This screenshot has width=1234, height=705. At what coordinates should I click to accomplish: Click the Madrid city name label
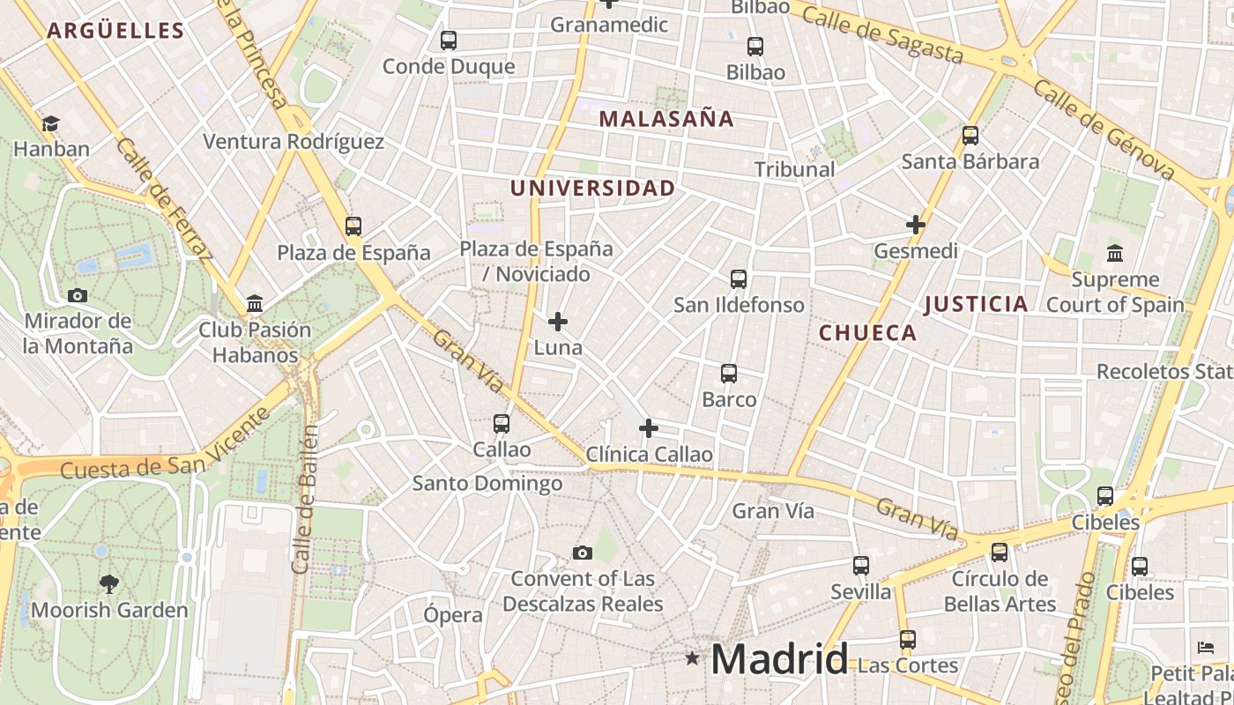[x=779, y=658]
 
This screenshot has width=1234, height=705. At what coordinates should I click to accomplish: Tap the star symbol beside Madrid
[x=693, y=657]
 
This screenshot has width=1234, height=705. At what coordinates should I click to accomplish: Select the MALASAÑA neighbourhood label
[x=666, y=119]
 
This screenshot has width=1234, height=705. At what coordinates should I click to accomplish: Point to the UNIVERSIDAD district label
[x=592, y=188]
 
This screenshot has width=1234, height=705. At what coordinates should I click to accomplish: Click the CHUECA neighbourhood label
[x=868, y=333]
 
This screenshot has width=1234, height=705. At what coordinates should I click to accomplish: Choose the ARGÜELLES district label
[x=115, y=31]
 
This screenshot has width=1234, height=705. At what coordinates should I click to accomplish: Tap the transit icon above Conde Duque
[x=449, y=41]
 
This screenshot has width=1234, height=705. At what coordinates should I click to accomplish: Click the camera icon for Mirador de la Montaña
[x=78, y=295]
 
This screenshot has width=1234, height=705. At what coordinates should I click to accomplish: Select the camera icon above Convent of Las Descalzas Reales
[x=582, y=553]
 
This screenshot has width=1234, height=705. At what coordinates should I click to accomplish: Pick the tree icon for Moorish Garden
[x=109, y=583]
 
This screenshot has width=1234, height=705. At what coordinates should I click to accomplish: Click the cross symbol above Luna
[x=558, y=322]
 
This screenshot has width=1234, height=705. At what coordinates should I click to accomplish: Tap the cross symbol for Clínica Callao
[x=649, y=428]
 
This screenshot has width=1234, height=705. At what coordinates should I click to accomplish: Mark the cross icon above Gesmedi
[x=916, y=225]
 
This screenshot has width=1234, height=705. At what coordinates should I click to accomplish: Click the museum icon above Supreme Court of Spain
[x=1115, y=254]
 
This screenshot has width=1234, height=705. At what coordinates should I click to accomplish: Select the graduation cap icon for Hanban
[x=51, y=123]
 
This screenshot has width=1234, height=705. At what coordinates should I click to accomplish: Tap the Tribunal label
[x=794, y=169]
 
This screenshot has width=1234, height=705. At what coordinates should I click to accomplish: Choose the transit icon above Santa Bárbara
[x=970, y=136]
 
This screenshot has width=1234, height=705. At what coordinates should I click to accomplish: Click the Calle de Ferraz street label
[x=165, y=201]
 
